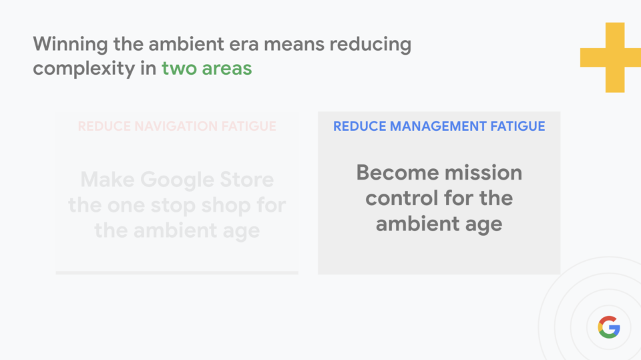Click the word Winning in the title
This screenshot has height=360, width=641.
pos(70,45)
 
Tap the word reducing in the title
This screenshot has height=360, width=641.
pos(371,45)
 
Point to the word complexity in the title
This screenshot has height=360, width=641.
pos(84,68)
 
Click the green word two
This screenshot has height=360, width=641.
pos(179,68)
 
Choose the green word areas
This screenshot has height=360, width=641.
pos(227,69)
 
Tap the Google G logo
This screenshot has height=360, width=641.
pos(609,327)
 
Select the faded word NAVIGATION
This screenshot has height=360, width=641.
pos(176,126)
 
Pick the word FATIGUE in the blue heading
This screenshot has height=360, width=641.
pos(517,126)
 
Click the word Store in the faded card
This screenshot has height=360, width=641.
pos(246,180)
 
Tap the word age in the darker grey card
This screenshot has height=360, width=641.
pos(483,224)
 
